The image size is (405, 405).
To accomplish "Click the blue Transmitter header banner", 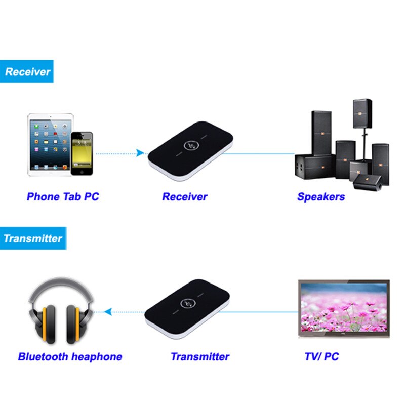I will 32,238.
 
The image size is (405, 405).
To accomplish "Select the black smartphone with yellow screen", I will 82,153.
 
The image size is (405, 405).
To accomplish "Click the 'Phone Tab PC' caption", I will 63,196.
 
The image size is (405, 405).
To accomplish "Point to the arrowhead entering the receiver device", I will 140,153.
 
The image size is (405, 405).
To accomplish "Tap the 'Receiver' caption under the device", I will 184,196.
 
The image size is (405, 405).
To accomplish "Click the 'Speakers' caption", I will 321,196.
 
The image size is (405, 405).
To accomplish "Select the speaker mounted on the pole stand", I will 362,113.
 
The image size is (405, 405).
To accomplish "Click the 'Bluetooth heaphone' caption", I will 70,356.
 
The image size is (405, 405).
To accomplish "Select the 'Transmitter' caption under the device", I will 200,356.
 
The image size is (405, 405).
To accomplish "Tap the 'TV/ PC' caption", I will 321,356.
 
